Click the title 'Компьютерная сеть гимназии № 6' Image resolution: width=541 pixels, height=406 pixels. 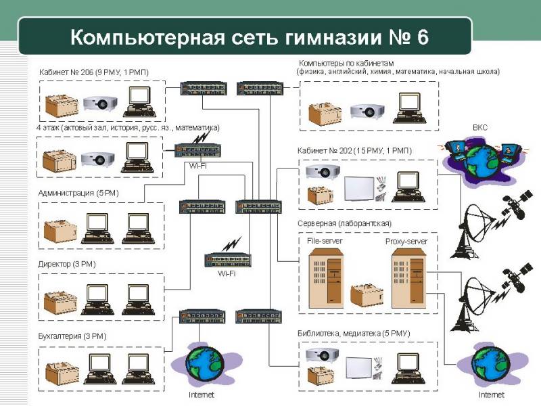pos(249,36)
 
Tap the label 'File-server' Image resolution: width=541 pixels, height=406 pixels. pos(325,240)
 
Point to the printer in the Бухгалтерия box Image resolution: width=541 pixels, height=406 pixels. pos(62,372)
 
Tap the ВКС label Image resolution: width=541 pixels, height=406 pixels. pos(480,127)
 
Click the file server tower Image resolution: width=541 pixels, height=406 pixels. pos(325,277)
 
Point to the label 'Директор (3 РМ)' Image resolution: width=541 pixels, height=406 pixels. pos(71,265)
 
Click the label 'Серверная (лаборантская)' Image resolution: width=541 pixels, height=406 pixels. pos(344,223)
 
